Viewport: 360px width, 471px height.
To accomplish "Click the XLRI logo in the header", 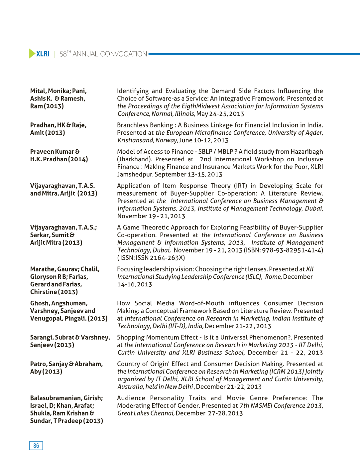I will click(x=40, y=54).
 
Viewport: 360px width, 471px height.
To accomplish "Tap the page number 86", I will click(x=36, y=446).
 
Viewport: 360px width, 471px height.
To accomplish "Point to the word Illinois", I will click(x=185, y=114).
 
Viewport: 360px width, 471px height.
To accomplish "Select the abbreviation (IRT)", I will click(x=240, y=186).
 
